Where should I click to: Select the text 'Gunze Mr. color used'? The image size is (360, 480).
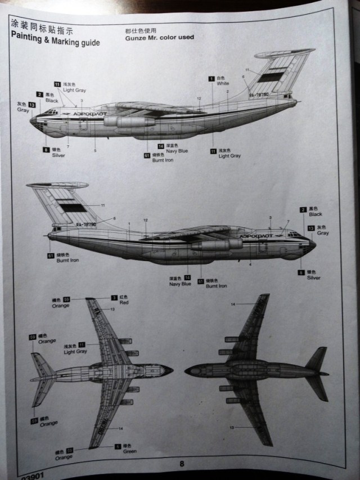[x=159, y=37]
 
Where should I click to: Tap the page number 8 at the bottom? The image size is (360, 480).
[x=182, y=464]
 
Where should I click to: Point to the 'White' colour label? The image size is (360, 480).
[x=223, y=83]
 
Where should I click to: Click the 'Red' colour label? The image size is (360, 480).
[x=123, y=302]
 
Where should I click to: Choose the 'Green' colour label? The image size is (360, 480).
[x=129, y=451]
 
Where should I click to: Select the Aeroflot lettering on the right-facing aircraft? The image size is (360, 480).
[x=258, y=236]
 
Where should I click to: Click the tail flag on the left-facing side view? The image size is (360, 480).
[x=272, y=77]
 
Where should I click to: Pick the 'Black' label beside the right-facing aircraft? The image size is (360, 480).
[x=315, y=214]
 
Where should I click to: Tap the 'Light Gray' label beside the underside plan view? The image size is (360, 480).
[x=75, y=352]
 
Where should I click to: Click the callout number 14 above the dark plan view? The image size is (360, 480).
[x=232, y=304]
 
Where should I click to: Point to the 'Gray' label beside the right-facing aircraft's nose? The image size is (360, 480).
[x=322, y=232]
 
